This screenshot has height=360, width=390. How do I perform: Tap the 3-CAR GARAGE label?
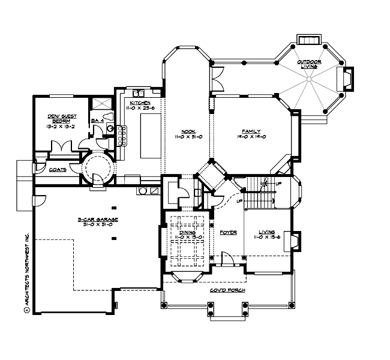pyautogui.click(x=98, y=220)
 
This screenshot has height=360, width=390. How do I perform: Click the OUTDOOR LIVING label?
pyautogui.click(x=311, y=65)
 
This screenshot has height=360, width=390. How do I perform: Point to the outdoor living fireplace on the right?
pyautogui.click(x=348, y=79)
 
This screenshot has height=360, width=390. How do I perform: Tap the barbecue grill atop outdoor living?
pyautogui.click(x=309, y=39)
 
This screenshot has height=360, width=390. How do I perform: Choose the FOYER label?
pyautogui.click(x=228, y=231)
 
